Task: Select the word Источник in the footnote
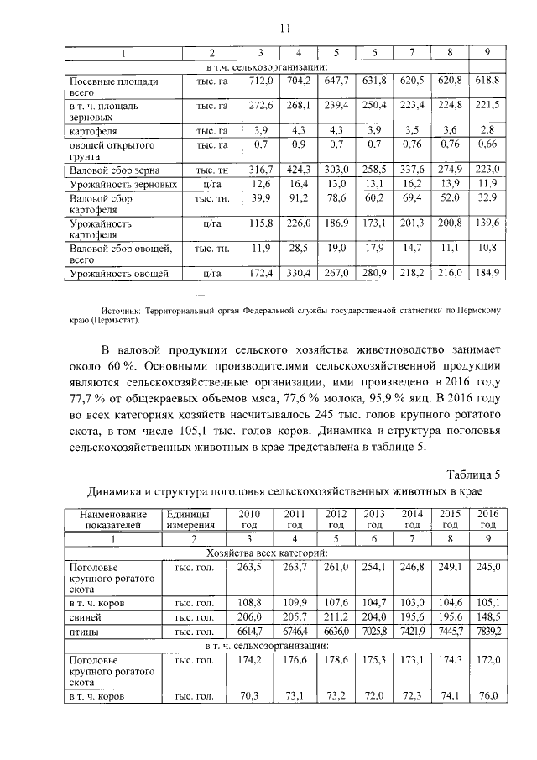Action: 121,310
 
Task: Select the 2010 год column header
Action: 249,518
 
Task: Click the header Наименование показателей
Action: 110,518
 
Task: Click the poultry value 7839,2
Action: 487,631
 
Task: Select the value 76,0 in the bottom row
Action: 488,696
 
